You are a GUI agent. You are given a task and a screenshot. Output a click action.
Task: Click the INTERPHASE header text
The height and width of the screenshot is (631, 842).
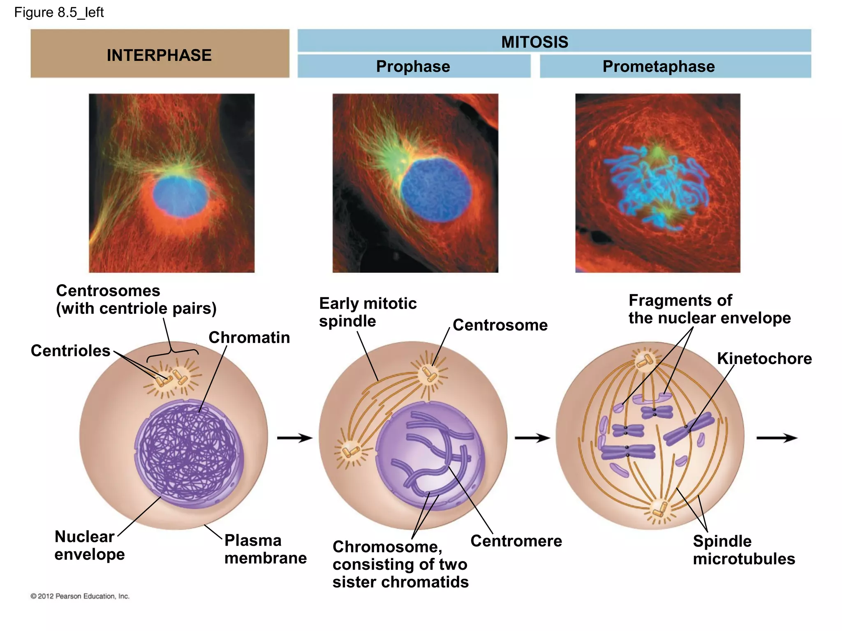[159, 55]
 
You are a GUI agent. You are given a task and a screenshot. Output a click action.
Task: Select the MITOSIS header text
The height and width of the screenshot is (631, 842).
[534, 42]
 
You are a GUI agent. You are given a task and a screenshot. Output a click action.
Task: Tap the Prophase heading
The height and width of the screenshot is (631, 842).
[413, 67]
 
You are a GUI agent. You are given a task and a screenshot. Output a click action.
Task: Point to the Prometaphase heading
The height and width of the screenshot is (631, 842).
[659, 67]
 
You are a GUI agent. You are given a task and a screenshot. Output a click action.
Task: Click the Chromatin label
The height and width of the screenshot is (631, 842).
[249, 338]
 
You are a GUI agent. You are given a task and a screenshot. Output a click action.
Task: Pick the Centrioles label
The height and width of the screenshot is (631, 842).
[70, 351]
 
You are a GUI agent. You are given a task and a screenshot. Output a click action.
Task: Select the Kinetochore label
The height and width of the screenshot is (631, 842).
[764, 359]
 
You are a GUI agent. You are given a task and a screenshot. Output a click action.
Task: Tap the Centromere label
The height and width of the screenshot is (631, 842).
[516, 541]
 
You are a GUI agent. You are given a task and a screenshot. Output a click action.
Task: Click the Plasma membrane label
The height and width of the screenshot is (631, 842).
[265, 549]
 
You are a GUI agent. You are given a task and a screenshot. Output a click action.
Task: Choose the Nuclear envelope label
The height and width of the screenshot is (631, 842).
[89, 546]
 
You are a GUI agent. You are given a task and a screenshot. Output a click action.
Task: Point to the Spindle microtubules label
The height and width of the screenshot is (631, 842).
[743, 550]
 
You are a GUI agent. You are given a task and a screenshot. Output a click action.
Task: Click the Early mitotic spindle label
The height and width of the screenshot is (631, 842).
[368, 312]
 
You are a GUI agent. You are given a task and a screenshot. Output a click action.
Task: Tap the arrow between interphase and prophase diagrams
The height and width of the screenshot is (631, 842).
[295, 438]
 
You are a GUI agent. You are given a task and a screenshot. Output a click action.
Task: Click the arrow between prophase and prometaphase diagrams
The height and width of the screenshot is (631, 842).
[532, 438]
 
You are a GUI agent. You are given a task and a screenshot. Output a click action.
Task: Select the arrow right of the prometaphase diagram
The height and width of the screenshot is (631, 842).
[776, 438]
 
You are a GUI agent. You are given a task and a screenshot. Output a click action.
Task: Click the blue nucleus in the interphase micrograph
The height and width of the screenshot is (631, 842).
[180, 196]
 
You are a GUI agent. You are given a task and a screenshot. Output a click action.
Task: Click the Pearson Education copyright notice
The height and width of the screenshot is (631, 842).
[80, 596]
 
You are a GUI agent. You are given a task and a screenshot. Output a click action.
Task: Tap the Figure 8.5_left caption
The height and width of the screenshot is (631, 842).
[59, 12]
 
